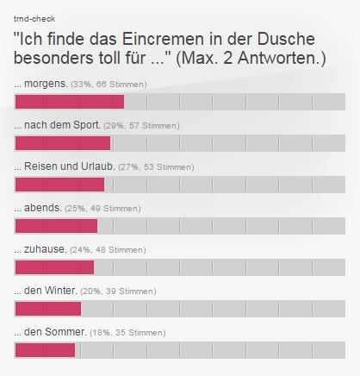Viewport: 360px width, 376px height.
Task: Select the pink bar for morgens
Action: point(70,103)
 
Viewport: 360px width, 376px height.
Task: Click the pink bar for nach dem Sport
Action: point(63,143)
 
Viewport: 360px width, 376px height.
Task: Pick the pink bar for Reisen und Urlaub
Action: point(59,185)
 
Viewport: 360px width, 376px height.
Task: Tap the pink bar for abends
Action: point(56,226)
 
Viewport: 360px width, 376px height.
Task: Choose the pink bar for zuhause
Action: point(54,267)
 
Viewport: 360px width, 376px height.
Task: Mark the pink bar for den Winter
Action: point(48,308)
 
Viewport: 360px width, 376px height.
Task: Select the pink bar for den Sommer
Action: point(45,349)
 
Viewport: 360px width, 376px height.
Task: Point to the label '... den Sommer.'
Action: point(50,332)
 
